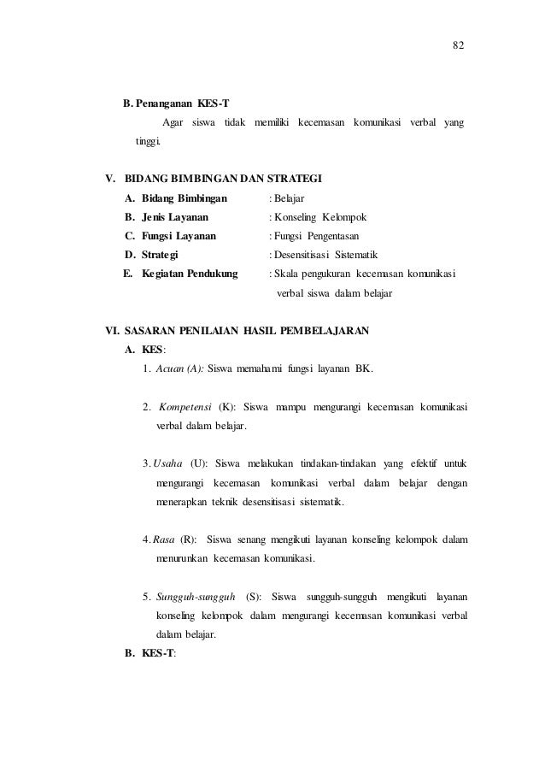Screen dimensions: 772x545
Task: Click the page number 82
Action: pyautogui.click(x=458, y=45)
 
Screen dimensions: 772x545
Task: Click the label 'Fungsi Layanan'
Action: pyautogui.click(x=179, y=236)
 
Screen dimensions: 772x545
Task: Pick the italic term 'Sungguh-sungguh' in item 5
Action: pyautogui.click(x=194, y=597)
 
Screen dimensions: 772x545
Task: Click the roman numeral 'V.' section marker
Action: pyautogui.click(x=110, y=180)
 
